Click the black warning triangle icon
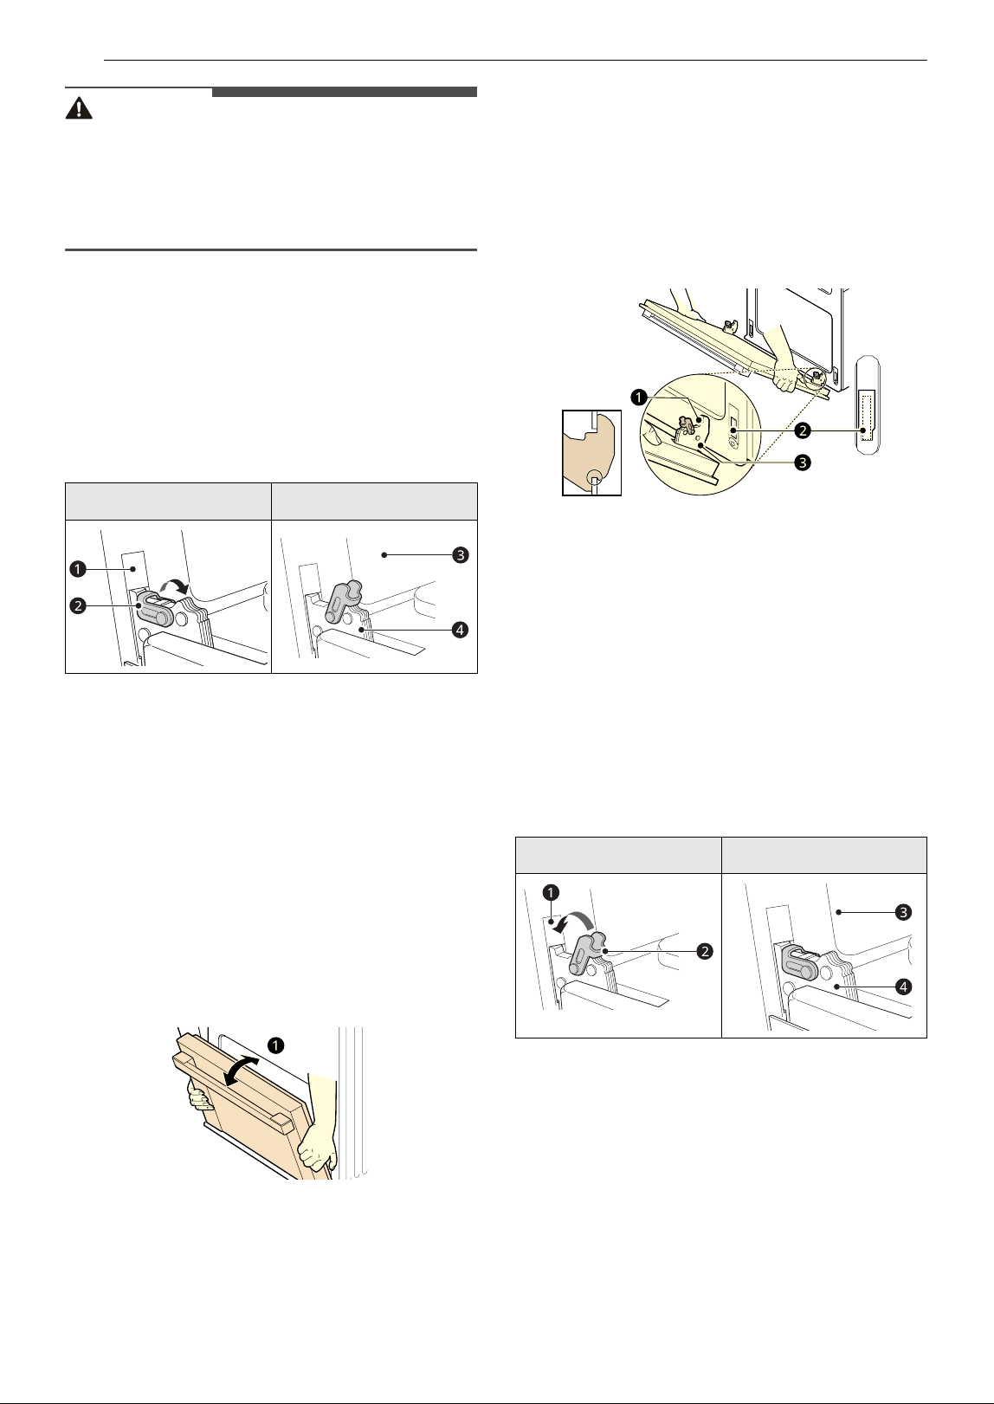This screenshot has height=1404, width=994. pos(79,108)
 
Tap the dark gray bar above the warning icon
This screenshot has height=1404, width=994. pos(344,92)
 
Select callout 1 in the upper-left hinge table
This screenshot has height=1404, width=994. pos(78,569)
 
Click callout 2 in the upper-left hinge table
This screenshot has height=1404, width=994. pos(78,606)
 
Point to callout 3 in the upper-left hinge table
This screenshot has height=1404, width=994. pos(461,554)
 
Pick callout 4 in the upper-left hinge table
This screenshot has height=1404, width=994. pos(461,630)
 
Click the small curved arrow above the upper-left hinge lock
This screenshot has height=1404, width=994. pos(174,586)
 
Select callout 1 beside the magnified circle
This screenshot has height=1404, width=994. pos(639,397)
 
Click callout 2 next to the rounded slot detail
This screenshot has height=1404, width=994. pos(803,430)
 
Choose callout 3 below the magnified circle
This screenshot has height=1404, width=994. pos(803,463)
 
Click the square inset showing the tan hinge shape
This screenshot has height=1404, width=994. pos(591,452)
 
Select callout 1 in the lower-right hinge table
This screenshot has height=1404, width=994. pos(551,892)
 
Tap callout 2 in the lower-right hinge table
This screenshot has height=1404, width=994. pos(705,952)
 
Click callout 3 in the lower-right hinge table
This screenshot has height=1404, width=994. pos(903,912)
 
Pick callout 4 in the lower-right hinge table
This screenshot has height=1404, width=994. pos(903,987)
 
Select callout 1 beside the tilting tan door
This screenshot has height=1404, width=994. pos(275,1045)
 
